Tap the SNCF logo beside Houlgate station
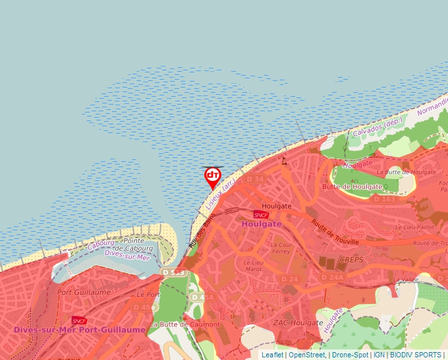[x=262, y=215]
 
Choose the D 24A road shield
[x=333, y=278]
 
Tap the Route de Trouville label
[x=335, y=232]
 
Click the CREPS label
[x=351, y=259]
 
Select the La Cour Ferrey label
[x=280, y=248]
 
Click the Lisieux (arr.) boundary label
[x=219, y=195]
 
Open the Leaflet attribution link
[x=272, y=355]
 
